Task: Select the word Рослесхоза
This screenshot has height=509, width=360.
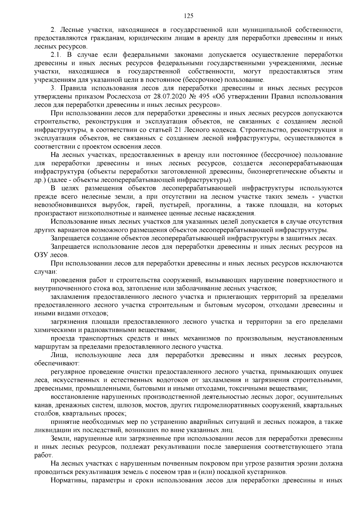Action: [123, 97]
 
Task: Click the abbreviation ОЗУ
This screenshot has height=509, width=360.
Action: [41, 255]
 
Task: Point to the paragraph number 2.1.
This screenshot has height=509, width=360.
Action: [56, 55]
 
